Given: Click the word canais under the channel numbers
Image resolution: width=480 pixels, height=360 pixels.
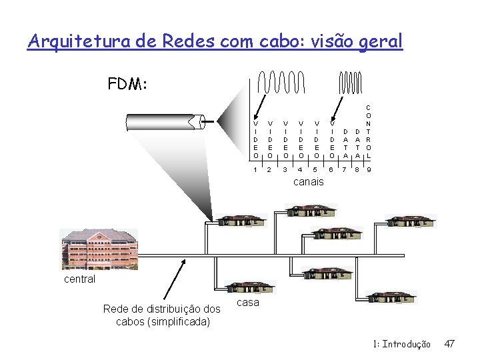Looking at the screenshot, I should (x=308, y=181).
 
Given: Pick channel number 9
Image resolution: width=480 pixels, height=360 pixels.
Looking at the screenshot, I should (x=369, y=169).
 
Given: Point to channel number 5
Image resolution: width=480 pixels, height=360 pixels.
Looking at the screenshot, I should (x=317, y=169).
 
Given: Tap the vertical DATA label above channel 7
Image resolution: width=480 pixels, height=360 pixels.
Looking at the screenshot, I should (x=345, y=143).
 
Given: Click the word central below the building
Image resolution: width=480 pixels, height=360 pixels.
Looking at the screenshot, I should (x=79, y=279).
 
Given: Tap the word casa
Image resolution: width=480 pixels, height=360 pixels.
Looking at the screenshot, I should (x=248, y=303).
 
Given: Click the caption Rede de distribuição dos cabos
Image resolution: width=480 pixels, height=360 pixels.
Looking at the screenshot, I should (x=162, y=315).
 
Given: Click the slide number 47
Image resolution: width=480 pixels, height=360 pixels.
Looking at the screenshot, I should (x=449, y=344).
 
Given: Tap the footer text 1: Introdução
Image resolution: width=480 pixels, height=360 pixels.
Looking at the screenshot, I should (x=401, y=344).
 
